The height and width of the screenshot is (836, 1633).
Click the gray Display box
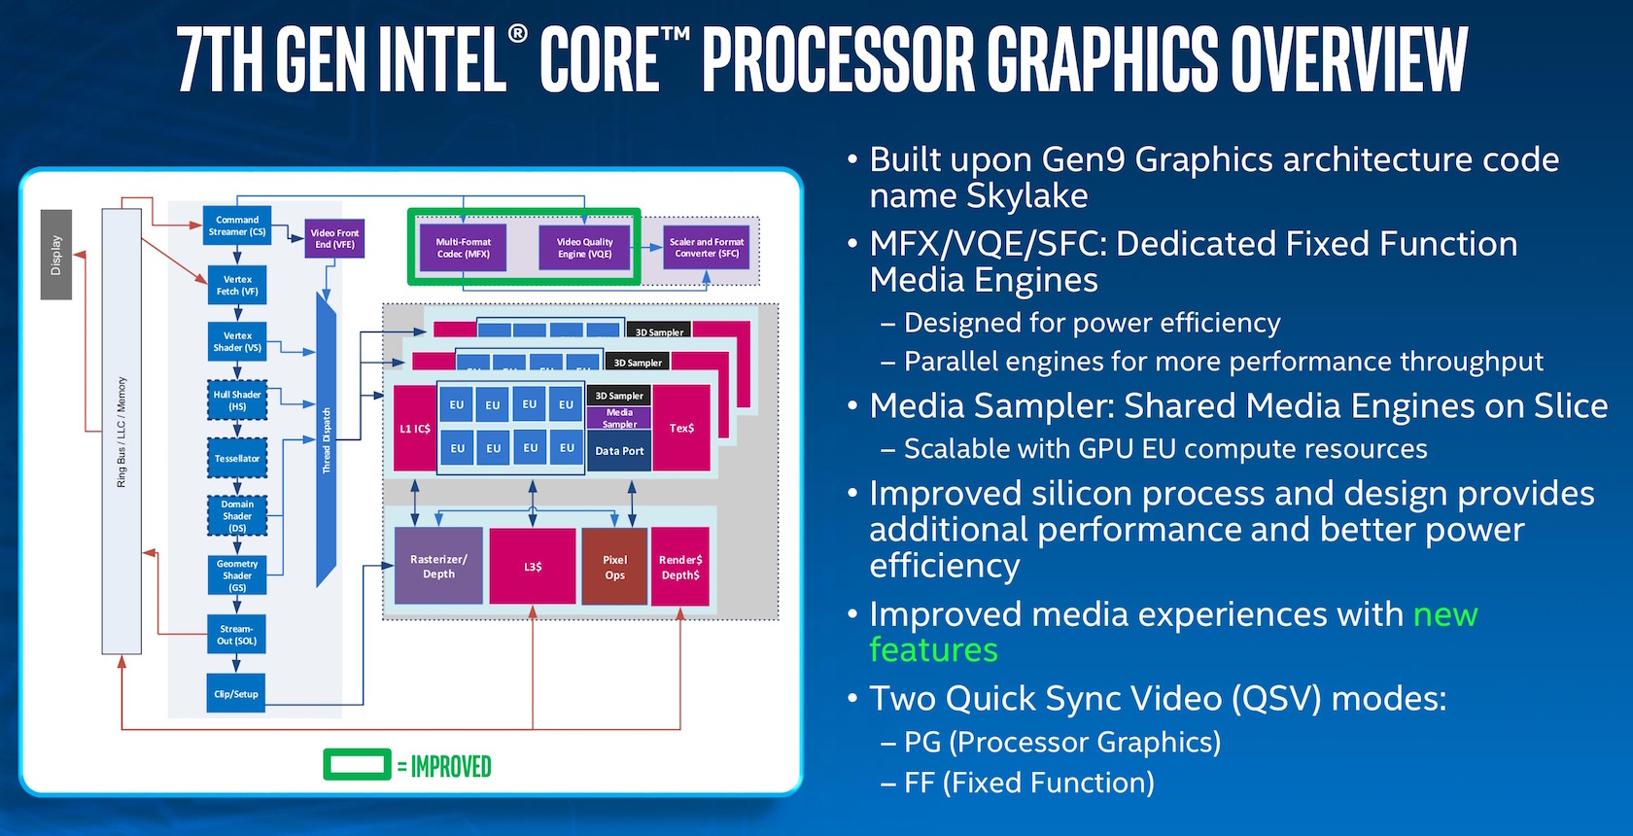pyautogui.click(x=56, y=255)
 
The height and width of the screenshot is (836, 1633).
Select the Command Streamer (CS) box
pyautogui.click(x=237, y=226)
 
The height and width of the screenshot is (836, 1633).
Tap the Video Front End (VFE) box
pyautogui.click(x=334, y=239)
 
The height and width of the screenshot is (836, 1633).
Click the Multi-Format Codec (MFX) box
pyautogui.click(x=464, y=248)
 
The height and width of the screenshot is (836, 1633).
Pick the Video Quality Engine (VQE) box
pyautogui.click(x=584, y=248)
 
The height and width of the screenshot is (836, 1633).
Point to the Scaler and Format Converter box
pyautogui.click(x=707, y=248)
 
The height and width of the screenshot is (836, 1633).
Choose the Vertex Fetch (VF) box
pyautogui.click(x=237, y=285)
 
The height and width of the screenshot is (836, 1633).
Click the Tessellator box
pyautogui.click(x=237, y=458)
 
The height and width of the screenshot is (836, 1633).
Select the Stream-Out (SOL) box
pyautogui.click(x=237, y=635)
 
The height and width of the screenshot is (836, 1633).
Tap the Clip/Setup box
pyautogui.click(x=236, y=694)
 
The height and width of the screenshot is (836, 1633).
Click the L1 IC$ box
pyautogui.click(x=414, y=428)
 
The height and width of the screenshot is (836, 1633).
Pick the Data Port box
pyautogui.click(x=619, y=451)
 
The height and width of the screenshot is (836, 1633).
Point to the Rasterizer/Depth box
pyautogui.click(x=438, y=566)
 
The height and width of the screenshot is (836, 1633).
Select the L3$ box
pyautogui.click(x=533, y=566)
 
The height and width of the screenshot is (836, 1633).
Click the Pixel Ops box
pyautogui.click(x=614, y=567)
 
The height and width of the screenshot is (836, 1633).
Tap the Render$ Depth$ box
pyautogui.click(x=680, y=567)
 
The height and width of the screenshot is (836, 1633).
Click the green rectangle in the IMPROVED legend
pyautogui.click(x=357, y=766)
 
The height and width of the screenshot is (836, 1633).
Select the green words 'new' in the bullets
pyautogui.click(x=1445, y=614)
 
